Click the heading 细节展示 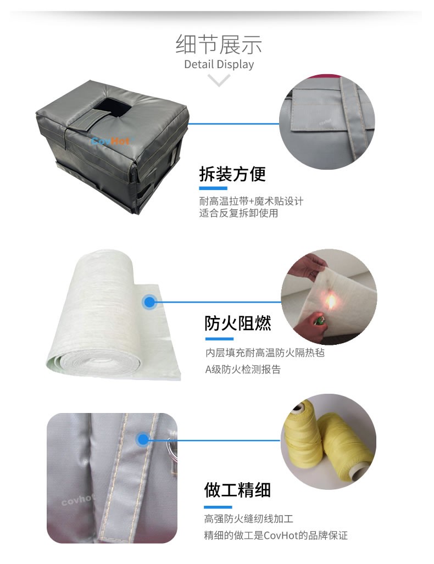pyautogui.click(x=219, y=44)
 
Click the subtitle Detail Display pyautogui.click(x=219, y=64)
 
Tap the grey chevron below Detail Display pyautogui.click(x=219, y=80)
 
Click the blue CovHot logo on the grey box pyautogui.click(x=110, y=141)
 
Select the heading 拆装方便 pyautogui.click(x=232, y=174)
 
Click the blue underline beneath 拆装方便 pyautogui.click(x=213, y=188)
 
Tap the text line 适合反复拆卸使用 pyautogui.click(x=238, y=213)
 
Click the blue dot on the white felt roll pyautogui.click(x=149, y=301)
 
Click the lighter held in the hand pyautogui.click(x=318, y=320)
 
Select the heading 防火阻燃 pyautogui.click(x=237, y=323)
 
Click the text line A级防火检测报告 pyautogui.click(x=243, y=370)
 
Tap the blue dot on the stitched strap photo pyautogui.click(x=143, y=439)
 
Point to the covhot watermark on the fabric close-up pyautogui.click(x=77, y=499)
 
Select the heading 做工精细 pyautogui.click(x=237, y=490)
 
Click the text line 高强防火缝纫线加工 pyautogui.click(x=249, y=518)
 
